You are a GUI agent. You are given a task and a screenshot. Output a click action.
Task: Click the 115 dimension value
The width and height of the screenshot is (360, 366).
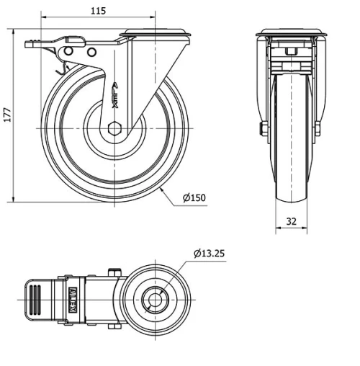99,10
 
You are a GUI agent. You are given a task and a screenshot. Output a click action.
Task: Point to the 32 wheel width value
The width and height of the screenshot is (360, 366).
291,222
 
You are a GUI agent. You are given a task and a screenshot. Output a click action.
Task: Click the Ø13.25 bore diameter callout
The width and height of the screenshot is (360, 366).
209,254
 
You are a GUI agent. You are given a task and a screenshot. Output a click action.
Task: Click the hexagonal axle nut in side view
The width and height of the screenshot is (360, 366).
115,129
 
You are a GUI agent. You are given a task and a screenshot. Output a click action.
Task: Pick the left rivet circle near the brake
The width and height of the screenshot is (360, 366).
68,53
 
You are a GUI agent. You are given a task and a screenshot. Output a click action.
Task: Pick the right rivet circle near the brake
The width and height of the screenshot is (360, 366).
91,53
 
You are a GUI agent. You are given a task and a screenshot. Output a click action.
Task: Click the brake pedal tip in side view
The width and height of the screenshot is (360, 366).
29,45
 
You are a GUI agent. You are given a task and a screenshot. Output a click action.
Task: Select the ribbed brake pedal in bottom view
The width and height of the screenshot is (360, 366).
32,299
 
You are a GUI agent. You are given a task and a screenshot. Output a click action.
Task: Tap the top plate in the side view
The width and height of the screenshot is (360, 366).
157,32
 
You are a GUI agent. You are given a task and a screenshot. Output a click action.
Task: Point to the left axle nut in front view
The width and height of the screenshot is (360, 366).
264,129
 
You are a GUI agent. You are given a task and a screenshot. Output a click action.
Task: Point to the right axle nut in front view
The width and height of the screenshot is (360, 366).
317,129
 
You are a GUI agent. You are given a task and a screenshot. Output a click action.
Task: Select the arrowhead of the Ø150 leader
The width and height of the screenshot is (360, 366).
165,189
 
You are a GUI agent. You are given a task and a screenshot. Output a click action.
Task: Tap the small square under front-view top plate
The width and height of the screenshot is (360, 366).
291,53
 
